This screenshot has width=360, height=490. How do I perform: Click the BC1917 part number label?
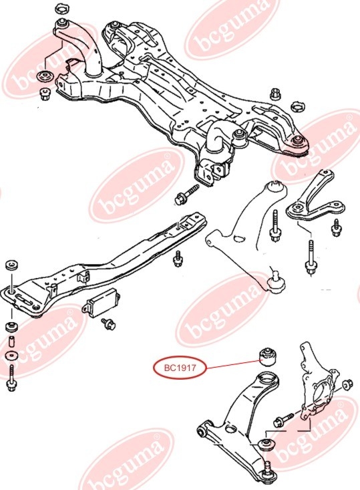tap(180, 368)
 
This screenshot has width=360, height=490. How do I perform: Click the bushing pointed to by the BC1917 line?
tap(268, 357)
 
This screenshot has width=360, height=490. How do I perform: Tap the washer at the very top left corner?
tap(62, 9)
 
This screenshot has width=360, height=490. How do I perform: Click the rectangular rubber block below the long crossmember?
tap(102, 303)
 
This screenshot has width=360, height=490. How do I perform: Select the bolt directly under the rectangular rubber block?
tap(108, 323)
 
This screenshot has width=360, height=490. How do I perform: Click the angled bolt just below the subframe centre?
tap(187, 194)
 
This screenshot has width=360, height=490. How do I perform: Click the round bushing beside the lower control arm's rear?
tap(266, 444)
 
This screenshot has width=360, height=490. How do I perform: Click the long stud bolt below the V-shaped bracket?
tap(311, 257)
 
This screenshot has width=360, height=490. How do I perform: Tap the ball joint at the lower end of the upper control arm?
tap(277, 282)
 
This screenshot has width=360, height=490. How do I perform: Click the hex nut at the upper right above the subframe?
tap(275, 94)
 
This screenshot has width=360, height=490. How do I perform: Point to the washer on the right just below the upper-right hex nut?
tap(298, 107)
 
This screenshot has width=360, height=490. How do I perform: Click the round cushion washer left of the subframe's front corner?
tap(44, 76)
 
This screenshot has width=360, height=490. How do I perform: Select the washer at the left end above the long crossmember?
tap(12, 265)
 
